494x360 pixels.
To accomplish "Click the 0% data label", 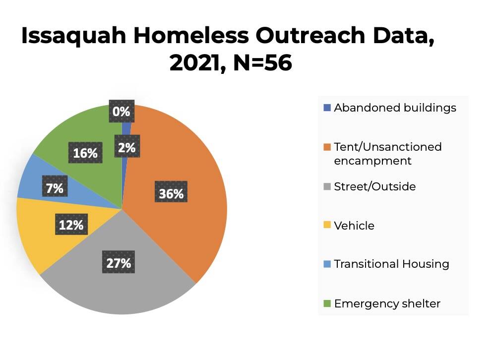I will click(x=121, y=112).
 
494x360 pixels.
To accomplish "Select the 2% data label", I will click(x=127, y=147).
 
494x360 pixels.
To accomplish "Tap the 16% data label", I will click(x=85, y=153).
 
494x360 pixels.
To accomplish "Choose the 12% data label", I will click(x=71, y=225).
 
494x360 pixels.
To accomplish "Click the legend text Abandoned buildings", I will click(x=395, y=108).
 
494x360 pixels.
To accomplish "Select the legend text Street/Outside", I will click(x=374, y=186).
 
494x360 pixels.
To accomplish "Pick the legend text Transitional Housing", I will click(x=391, y=264).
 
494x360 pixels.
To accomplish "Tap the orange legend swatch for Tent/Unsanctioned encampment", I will click(x=326, y=147).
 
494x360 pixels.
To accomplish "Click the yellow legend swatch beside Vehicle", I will click(x=326, y=226).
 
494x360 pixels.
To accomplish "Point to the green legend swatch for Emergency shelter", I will click(x=326, y=303).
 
